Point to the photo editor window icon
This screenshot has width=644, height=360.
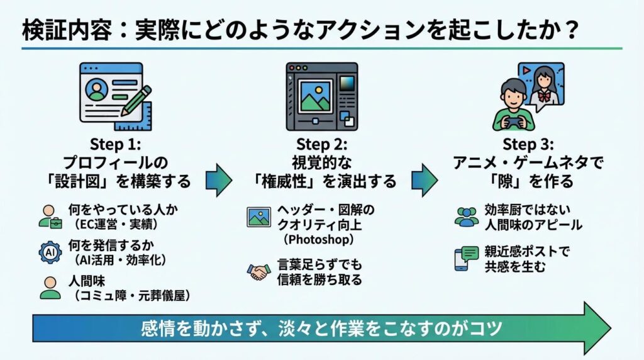(321, 95)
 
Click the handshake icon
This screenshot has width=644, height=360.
(258, 271)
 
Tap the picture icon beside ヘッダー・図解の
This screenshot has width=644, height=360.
(258, 217)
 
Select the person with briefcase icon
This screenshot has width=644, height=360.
(50, 215)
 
